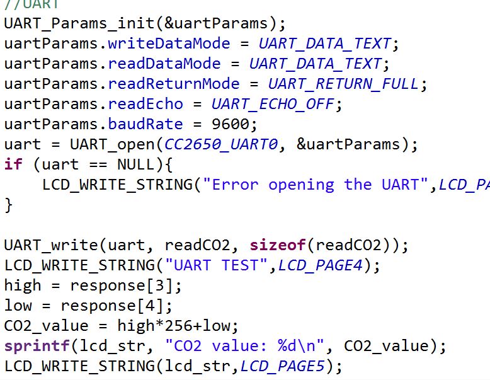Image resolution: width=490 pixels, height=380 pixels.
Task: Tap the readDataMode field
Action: coord(164,64)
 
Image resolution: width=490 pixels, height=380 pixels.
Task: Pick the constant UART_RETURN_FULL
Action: coord(343,84)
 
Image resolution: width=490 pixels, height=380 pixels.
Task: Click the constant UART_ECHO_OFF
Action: coord(276,104)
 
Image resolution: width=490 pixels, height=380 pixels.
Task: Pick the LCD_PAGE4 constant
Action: coord(320,265)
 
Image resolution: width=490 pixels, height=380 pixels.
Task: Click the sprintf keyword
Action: coord(35,346)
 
